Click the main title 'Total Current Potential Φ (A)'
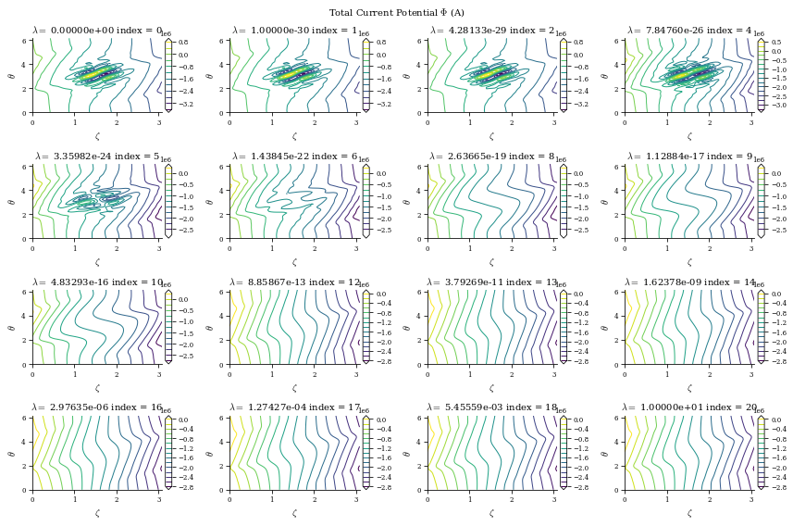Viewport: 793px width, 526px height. (396, 13)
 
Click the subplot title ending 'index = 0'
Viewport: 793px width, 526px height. (97, 31)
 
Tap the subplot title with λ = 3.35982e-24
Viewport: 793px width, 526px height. (97, 157)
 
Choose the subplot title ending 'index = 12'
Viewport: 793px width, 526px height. (295, 282)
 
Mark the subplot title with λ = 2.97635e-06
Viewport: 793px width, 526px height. (97, 407)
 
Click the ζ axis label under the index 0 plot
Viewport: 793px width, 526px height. (97, 135)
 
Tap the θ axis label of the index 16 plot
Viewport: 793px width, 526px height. (12, 453)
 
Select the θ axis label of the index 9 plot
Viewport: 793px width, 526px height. (604, 201)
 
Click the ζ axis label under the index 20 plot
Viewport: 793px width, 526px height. (689, 512)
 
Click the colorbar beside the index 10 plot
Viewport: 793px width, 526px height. (168, 327)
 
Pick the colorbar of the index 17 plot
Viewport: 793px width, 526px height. (366, 453)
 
